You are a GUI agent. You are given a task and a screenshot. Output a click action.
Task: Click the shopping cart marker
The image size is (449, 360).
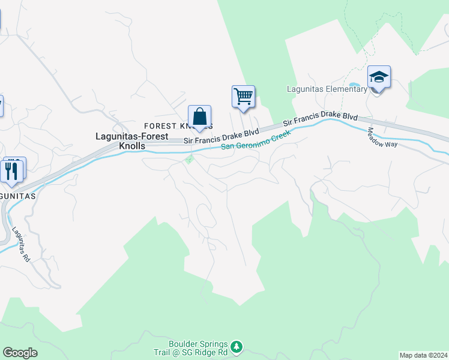(243, 96)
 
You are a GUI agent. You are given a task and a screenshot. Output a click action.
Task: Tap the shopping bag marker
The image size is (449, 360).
(199, 116)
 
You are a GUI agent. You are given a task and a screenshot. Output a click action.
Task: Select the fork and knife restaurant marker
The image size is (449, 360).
(12, 170)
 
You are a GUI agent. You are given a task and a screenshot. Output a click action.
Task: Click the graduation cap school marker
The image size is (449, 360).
(379, 77)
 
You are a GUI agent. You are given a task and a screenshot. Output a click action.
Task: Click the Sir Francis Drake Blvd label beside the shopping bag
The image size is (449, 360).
(221, 136)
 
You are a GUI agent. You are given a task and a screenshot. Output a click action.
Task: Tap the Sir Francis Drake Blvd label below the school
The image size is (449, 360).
(321, 119)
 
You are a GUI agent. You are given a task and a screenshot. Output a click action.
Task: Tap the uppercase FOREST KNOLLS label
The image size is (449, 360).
(178, 127)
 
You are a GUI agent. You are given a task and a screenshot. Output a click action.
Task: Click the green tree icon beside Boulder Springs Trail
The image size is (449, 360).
(237, 346)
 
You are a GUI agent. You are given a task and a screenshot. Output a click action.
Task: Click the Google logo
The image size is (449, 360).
(20, 353)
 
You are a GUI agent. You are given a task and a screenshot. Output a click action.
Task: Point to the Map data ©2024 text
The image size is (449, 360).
(423, 355)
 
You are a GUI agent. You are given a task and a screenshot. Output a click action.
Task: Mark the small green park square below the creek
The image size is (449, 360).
(190, 159)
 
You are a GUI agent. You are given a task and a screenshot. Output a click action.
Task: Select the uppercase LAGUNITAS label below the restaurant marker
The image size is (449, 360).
(18, 196)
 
